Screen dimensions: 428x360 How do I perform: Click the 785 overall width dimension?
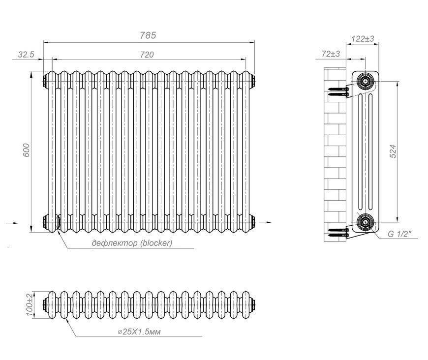click(x=148, y=35)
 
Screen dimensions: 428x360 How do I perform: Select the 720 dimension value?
click(x=147, y=55)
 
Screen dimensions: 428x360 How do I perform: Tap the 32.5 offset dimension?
click(x=26, y=54)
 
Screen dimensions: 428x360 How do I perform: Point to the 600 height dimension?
click(x=26, y=150)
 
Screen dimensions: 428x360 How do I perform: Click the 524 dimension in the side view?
click(x=393, y=151)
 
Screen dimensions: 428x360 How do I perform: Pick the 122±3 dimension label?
click(x=363, y=39)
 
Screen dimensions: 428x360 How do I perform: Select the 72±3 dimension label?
click(x=331, y=54)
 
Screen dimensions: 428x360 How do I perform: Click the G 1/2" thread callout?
click(x=399, y=234)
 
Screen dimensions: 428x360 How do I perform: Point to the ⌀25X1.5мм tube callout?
click(x=139, y=331)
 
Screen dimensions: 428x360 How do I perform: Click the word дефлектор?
click(x=115, y=243)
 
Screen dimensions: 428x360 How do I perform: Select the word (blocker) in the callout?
click(x=156, y=243)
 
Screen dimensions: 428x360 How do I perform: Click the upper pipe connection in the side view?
click(x=365, y=81)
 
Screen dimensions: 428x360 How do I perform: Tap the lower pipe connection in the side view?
click(x=365, y=222)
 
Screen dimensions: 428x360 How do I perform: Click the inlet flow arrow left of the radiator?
click(x=12, y=223)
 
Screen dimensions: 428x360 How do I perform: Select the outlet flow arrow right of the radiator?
click(x=265, y=222)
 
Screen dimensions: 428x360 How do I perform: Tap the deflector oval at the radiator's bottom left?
click(x=58, y=222)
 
